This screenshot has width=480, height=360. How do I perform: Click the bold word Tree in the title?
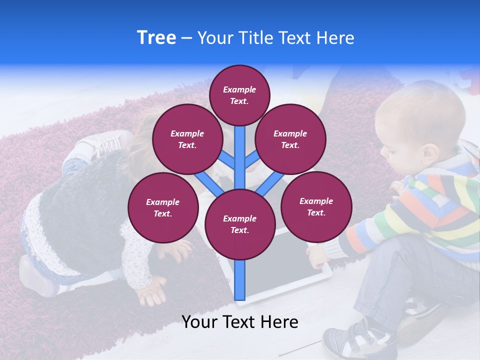[x=156, y=37]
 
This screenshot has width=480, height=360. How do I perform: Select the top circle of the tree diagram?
[x=239, y=95]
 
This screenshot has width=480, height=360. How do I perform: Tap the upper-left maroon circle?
[x=187, y=139]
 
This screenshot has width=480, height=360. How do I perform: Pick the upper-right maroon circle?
[x=290, y=139]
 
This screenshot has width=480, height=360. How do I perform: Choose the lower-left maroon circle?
[x=163, y=207]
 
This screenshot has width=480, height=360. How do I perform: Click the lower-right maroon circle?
[x=316, y=206]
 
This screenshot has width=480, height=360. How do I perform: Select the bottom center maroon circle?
[x=239, y=224]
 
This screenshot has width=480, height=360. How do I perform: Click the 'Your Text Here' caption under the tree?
[x=239, y=322]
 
